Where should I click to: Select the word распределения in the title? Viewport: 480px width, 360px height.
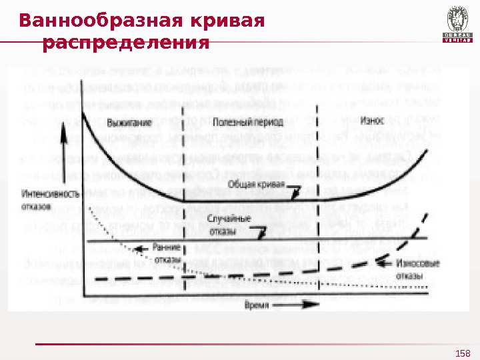(125, 44)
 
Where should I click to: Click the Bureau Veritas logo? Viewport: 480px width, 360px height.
(457, 25)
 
